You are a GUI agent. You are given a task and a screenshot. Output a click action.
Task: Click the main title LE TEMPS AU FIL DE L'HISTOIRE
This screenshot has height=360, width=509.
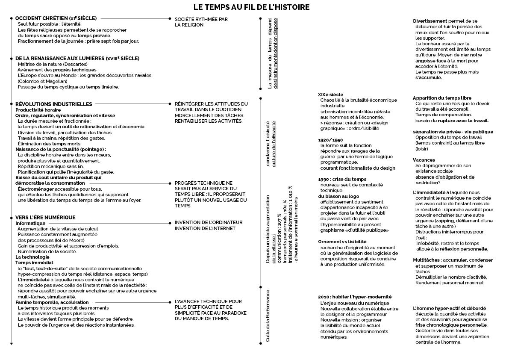[251, 7]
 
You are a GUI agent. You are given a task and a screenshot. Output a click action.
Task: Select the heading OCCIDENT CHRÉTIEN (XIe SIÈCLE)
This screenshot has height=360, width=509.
[56, 18]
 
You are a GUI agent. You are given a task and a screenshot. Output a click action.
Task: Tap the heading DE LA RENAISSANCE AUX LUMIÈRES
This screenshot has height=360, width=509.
[77, 58]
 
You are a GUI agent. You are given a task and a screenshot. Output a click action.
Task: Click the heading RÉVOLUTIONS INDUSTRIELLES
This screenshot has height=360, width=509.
[53, 104]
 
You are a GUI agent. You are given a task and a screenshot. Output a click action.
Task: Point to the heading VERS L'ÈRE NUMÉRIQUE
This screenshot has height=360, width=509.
[45, 218]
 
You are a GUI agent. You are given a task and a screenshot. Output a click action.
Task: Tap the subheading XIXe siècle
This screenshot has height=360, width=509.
[330, 94]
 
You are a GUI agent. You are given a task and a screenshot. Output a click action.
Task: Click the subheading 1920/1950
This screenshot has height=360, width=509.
[330, 140]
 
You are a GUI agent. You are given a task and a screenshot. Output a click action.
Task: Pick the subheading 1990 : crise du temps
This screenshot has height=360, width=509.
[342, 179]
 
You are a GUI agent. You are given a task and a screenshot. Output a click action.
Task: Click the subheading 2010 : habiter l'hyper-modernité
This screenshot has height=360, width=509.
[355, 297]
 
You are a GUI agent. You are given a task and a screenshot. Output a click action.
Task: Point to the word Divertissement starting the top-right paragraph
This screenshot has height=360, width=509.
[430, 21]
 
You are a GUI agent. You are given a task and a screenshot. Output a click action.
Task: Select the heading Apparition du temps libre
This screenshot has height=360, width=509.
[442, 98]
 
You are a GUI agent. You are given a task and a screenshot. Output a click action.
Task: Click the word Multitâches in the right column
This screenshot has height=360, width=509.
[426, 260]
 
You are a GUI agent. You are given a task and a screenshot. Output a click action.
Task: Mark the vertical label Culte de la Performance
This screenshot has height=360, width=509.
[268, 316]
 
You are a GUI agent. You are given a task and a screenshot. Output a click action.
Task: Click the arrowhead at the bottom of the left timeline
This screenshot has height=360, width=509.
[12, 343]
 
